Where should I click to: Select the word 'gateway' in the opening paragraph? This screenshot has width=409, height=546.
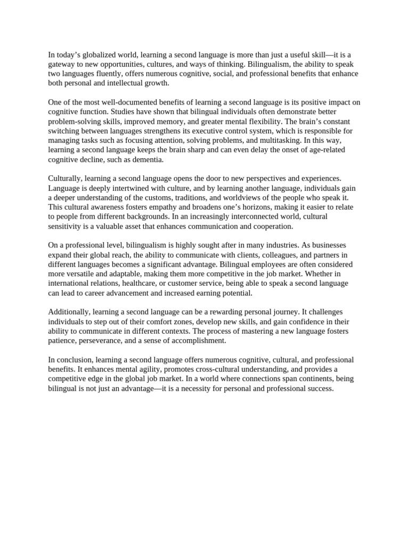tap(62, 65)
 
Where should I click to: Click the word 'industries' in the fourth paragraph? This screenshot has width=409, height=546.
tap(282, 245)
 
